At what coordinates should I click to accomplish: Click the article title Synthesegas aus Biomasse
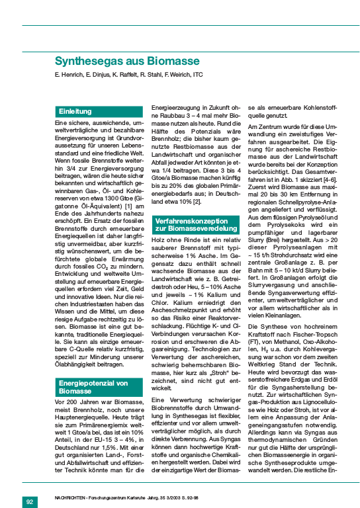click(126, 62)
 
